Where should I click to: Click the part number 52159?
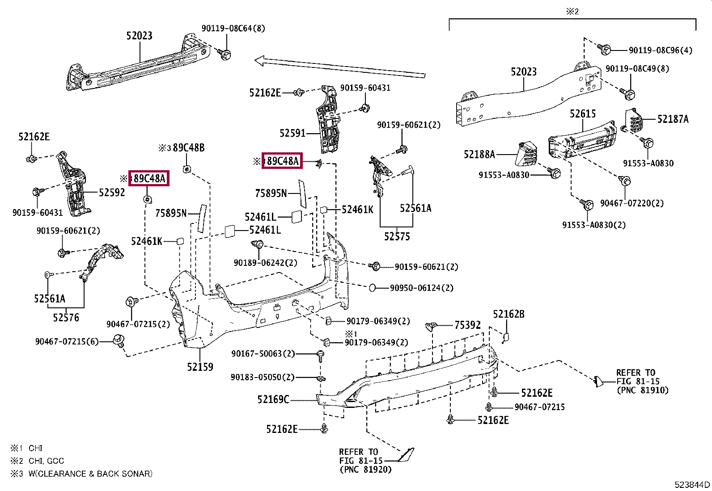pos(200,367)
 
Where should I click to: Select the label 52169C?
pos(273,399)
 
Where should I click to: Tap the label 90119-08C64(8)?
pos(233,28)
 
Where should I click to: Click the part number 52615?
pos(583,113)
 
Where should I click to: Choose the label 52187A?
pos(673,119)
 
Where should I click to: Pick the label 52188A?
pos(479,154)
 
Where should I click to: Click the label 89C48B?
pos(188,148)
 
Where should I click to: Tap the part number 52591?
pos(292,133)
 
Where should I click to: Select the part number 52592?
pos(112,193)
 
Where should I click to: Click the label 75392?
pos(467,325)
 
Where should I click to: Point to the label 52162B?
pos(509,314)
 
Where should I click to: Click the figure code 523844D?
pos(692,485)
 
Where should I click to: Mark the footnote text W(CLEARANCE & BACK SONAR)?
pos(90,474)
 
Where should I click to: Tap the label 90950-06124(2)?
pos(421,288)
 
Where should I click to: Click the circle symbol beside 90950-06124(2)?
pos(373,288)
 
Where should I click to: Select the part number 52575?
pos(397,236)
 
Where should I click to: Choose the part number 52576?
pos(66,317)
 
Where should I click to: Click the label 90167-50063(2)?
pos(263,353)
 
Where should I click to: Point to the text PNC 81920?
pos(365,470)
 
